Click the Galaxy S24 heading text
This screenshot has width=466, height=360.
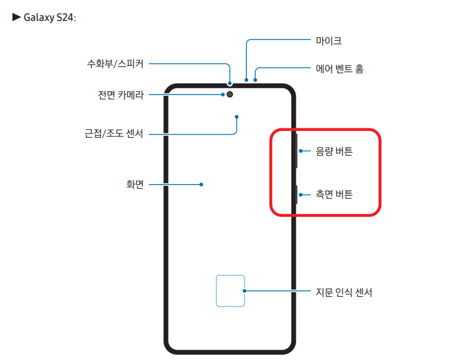point(49,17)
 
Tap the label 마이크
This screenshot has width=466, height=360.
point(328,41)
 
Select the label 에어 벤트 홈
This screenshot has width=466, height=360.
point(340,69)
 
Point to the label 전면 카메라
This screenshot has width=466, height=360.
point(121,95)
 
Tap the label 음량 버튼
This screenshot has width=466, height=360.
point(334,152)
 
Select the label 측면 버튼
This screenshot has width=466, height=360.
point(334,195)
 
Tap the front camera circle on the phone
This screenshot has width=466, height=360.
point(231,94)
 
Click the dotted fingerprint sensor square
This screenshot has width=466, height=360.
point(230,290)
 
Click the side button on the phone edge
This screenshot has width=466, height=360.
point(296,195)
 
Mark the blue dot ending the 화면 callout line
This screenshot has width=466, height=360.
point(201,185)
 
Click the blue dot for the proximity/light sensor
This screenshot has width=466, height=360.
point(237,116)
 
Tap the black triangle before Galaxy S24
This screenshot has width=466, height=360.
point(16,17)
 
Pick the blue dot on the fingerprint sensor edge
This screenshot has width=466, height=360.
point(245,291)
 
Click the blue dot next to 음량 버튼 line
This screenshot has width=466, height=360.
point(300,152)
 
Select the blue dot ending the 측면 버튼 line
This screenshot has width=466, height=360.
point(300,195)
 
